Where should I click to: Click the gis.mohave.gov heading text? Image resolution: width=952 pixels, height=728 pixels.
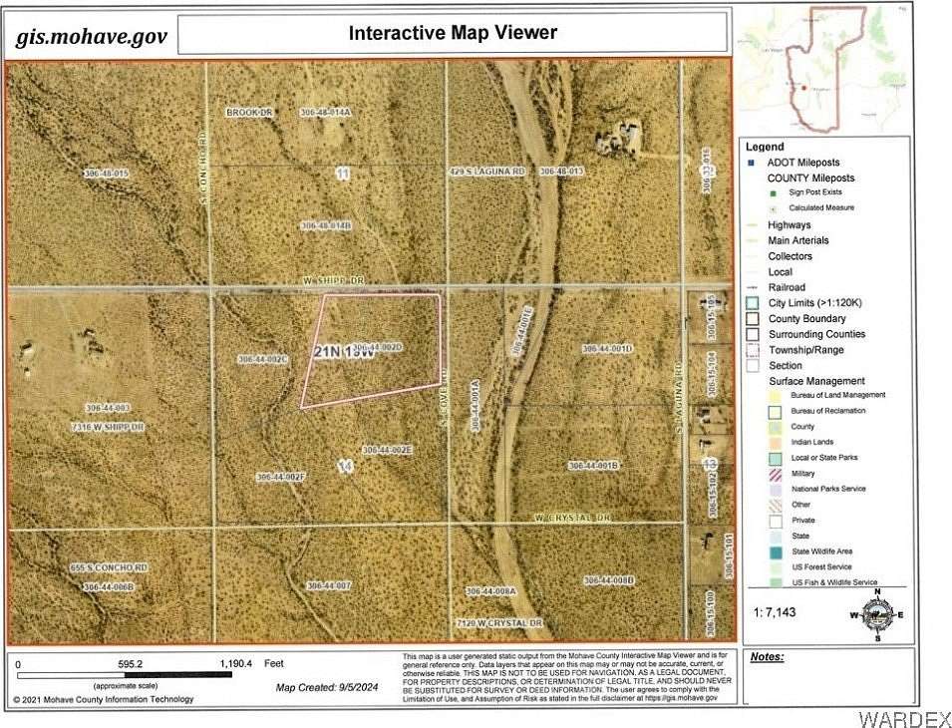tap(91, 37)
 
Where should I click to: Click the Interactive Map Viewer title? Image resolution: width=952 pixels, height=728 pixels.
tap(453, 33)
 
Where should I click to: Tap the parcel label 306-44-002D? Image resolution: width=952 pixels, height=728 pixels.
tap(377, 347)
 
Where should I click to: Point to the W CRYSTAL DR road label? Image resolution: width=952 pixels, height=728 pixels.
tap(571, 518)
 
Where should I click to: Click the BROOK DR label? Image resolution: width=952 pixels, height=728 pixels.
tap(249, 113)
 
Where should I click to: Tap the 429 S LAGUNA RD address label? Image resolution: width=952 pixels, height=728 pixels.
tap(486, 172)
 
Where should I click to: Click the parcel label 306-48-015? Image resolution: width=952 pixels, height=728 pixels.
tap(107, 174)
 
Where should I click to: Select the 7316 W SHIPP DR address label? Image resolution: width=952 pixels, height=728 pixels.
tap(109, 427)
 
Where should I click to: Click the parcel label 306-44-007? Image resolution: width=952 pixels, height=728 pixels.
tap(329, 585)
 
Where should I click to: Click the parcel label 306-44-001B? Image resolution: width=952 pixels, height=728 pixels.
tap(594, 466)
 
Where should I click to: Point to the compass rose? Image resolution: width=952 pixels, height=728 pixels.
tap(876, 614)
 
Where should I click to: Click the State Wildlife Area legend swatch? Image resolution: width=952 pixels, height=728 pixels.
tap(776, 551)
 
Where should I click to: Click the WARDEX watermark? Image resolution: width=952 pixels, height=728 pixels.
tap(903, 718)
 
